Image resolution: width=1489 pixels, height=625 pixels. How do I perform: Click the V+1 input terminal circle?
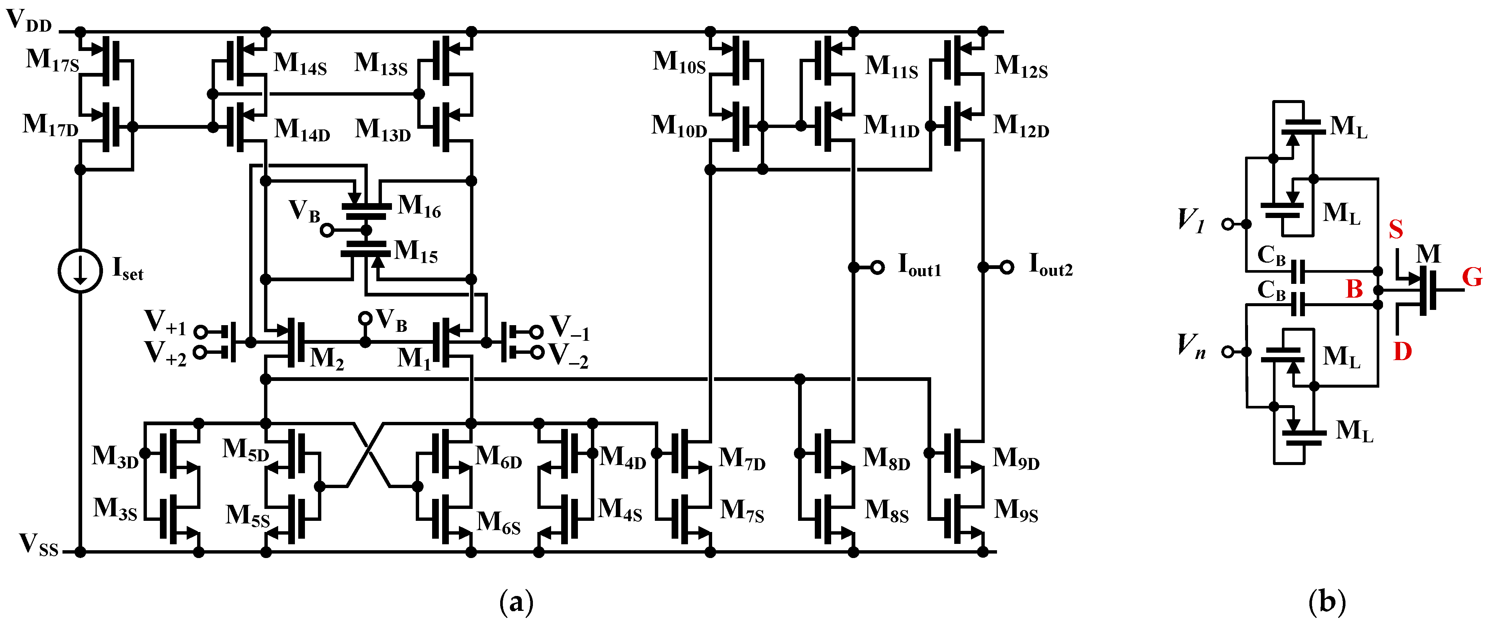click(200, 331)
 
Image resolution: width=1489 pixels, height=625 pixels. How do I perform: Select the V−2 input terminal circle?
click(537, 352)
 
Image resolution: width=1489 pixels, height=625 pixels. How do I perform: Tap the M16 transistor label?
click(419, 206)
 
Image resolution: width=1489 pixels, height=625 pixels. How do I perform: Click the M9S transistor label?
click(1016, 510)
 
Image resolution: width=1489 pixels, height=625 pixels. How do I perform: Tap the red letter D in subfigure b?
click(1402, 351)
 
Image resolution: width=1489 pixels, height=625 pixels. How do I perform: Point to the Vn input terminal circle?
click(1227, 352)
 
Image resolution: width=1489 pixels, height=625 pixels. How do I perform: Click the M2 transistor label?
click(327, 359)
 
